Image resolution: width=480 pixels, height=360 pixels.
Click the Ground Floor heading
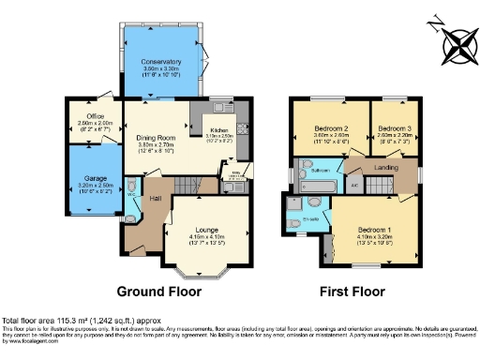160,292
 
